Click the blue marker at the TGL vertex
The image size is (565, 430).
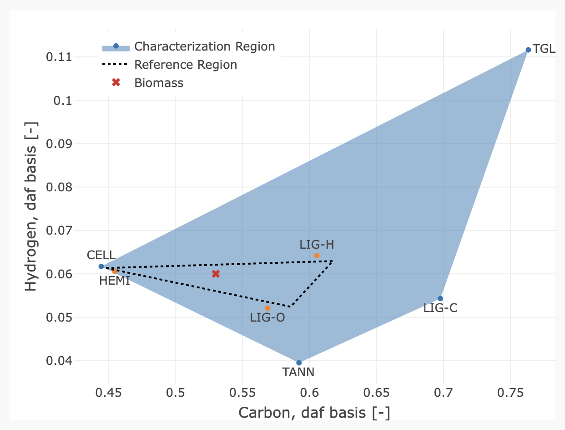[528, 50]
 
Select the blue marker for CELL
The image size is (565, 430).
[101, 266]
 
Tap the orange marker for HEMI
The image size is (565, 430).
[115, 271]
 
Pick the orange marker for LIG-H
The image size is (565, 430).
[317, 256]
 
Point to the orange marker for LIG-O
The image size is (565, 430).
[267, 308]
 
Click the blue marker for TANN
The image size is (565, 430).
[299, 363]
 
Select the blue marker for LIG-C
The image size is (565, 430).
[440, 298]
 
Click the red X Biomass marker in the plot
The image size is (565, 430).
[216, 274]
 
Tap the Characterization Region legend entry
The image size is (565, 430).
[205, 46]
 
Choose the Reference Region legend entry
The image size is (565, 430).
[186, 65]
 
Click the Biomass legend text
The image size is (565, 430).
[159, 83]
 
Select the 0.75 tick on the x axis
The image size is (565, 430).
[510, 392]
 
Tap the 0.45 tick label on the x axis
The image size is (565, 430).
[109, 392]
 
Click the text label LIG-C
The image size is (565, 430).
[440, 308]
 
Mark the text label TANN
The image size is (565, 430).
[298, 373]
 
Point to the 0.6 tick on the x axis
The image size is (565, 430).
[310, 392]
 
